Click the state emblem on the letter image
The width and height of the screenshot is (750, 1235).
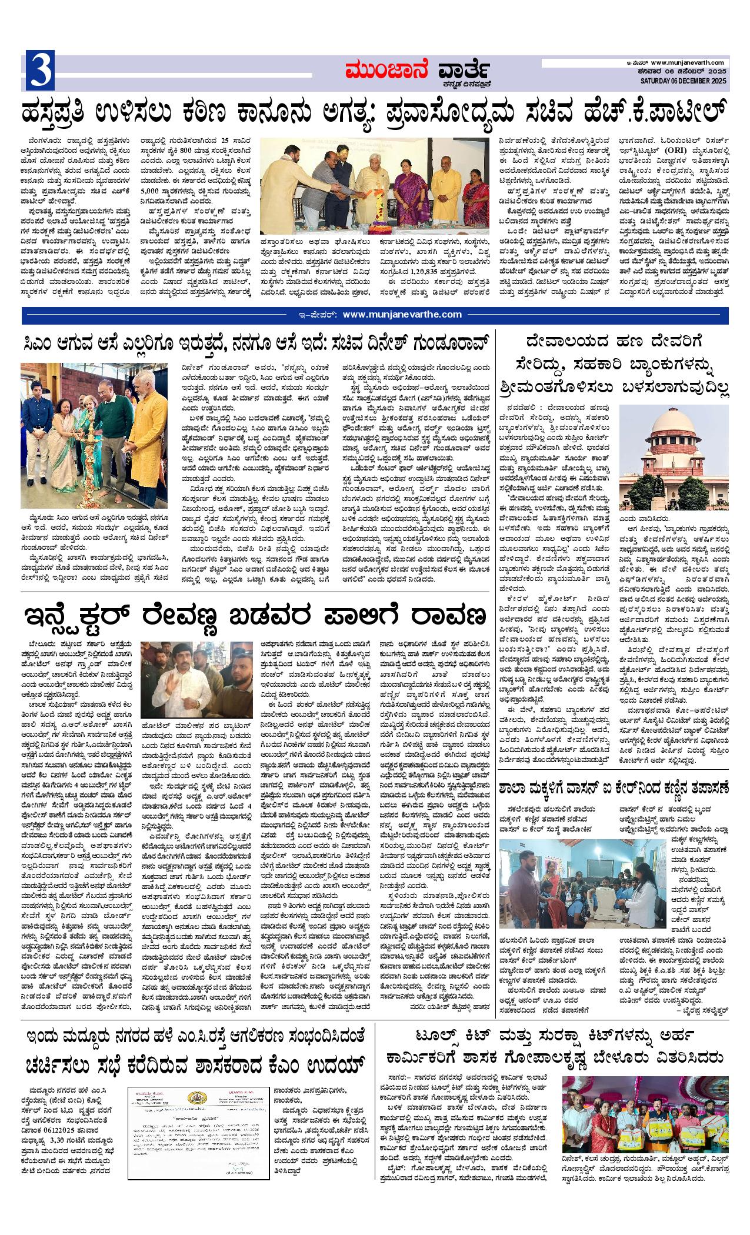[x=195, y=1099]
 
